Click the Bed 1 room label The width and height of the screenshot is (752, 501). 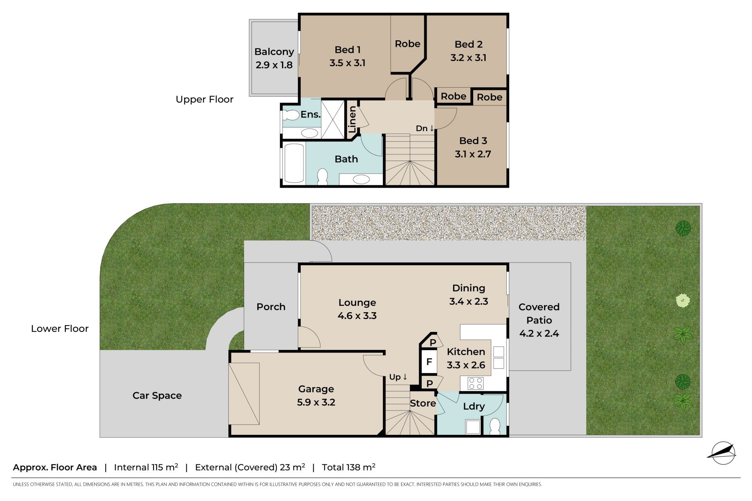click(x=347, y=50)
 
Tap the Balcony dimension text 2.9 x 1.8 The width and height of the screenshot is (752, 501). click(x=274, y=65)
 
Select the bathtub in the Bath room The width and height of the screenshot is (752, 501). click(x=294, y=163)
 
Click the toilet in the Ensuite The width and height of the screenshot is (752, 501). click(x=291, y=115)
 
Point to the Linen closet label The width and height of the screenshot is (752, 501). click(x=352, y=119)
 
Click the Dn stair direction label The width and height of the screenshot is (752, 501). click(x=425, y=128)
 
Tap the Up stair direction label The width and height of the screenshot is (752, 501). click(x=398, y=377)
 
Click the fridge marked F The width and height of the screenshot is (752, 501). click(x=429, y=362)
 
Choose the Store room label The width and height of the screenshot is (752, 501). click(x=423, y=403)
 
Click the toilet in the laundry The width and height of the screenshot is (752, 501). click(x=495, y=426)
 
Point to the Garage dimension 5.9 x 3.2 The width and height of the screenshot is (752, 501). click(x=316, y=402)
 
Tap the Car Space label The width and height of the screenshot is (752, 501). click(x=157, y=396)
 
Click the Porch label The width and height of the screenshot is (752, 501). click(x=271, y=307)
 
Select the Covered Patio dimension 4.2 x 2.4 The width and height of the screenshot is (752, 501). click(x=539, y=333)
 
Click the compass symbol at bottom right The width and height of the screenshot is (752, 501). click(x=723, y=453)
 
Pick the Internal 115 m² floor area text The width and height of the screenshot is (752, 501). click(x=146, y=467)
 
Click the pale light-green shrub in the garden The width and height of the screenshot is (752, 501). click(x=683, y=301)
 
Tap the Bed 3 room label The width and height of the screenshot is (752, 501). click(x=473, y=141)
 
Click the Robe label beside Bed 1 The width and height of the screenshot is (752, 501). click(x=407, y=44)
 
